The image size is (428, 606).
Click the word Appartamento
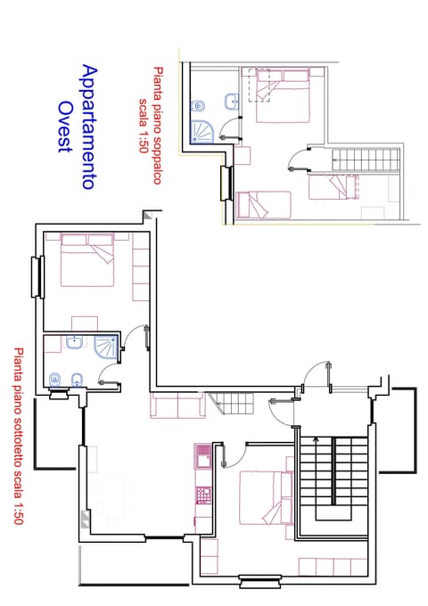(87, 127)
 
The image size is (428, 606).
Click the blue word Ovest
(64, 127)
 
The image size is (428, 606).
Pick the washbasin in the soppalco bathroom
(231, 100)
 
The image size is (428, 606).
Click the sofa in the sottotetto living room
(178, 405)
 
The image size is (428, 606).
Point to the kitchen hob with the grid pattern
(202, 491)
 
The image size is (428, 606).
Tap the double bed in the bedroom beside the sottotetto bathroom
(87, 262)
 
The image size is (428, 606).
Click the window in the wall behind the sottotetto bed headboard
(37, 276)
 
